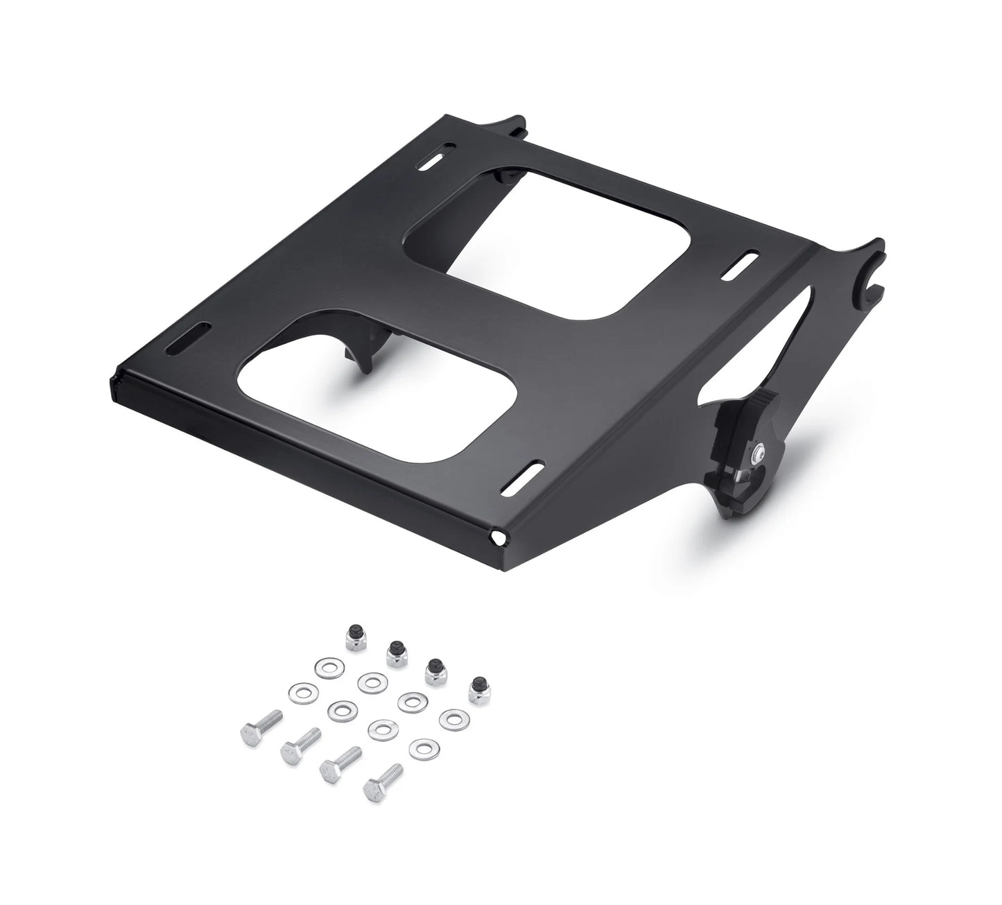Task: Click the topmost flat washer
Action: (326, 668)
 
